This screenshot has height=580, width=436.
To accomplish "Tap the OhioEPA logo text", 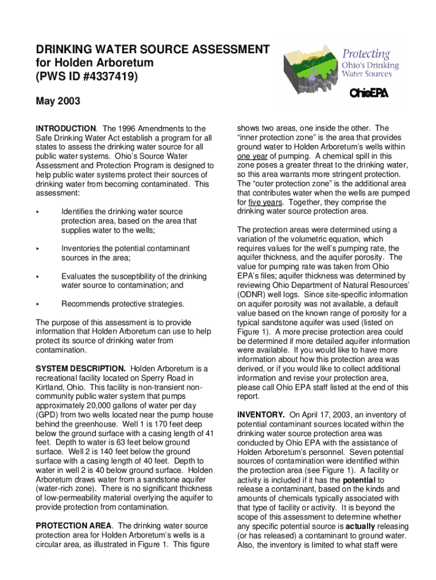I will pyautogui.click(x=369, y=93).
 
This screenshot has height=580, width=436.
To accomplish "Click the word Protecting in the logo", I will pyautogui.click(x=365, y=54).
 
